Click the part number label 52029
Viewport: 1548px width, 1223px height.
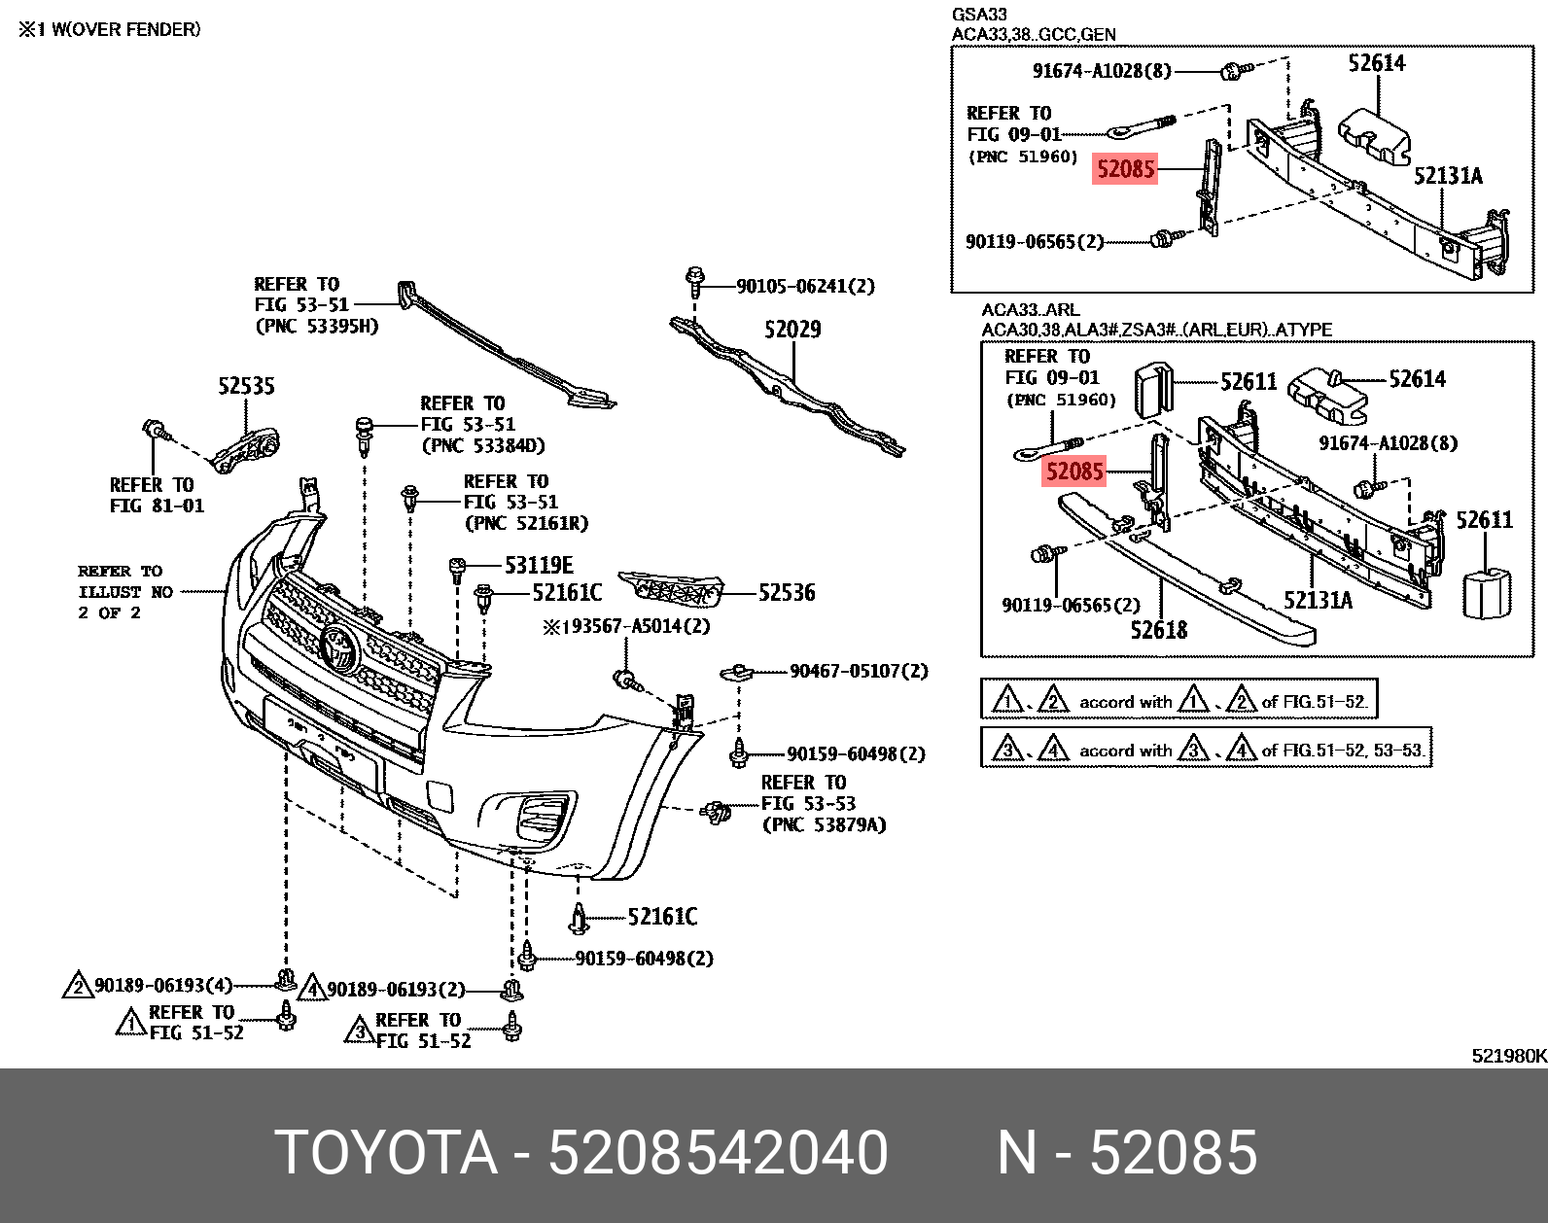(x=792, y=330)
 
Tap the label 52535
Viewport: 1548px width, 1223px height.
(x=246, y=386)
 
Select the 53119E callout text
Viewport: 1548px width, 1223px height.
(x=539, y=565)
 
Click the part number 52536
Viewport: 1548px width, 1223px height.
(x=787, y=592)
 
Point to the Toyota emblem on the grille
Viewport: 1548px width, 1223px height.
(x=340, y=648)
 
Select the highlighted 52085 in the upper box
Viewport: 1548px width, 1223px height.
(x=1125, y=169)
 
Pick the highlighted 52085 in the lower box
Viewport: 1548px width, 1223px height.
(x=1074, y=472)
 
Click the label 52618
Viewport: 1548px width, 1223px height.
(x=1158, y=630)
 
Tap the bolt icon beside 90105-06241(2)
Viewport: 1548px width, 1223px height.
(x=694, y=283)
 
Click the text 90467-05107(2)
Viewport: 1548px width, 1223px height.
(x=859, y=671)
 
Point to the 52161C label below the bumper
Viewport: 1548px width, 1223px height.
(x=662, y=917)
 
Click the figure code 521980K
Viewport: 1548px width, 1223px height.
(x=1508, y=1056)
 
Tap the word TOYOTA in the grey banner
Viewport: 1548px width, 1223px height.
(x=386, y=1152)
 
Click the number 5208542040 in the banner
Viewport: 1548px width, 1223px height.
(x=718, y=1152)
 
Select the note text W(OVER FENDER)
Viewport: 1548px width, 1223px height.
(x=125, y=29)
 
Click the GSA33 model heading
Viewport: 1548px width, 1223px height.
(x=979, y=15)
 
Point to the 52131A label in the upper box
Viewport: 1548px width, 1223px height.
(x=1447, y=176)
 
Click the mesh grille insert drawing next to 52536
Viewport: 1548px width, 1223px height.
(x=671, y=588)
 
